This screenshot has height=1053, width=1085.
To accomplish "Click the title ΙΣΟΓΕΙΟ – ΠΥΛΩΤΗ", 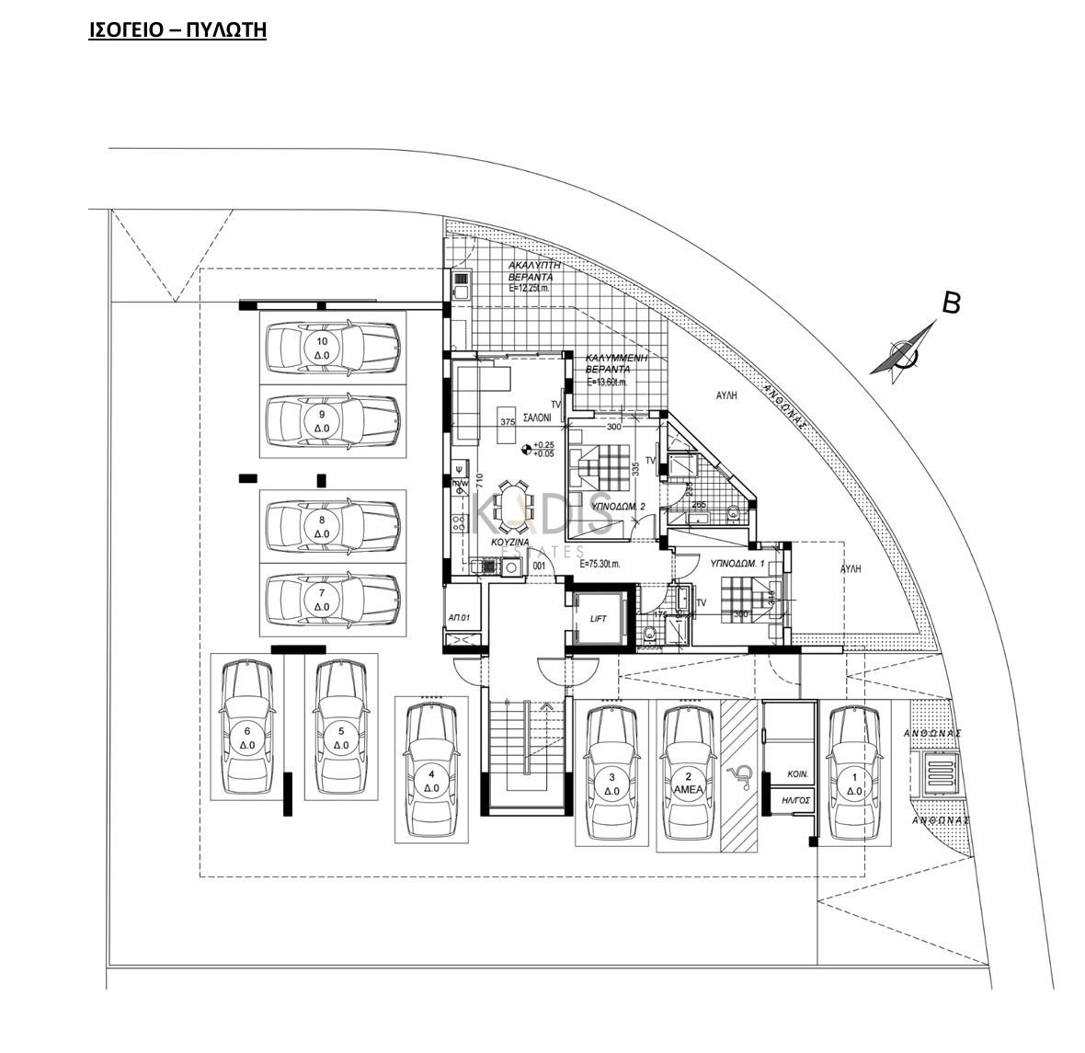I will tap(177, 29).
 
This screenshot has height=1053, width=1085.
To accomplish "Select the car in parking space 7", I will tap(333, 600).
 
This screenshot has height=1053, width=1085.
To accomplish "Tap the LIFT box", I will tap(598, 618).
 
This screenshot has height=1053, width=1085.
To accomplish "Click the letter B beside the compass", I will tap(953, 303).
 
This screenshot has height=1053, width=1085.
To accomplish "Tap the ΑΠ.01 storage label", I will tap(459, 617).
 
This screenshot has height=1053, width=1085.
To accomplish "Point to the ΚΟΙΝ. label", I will tap(797, 774).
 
